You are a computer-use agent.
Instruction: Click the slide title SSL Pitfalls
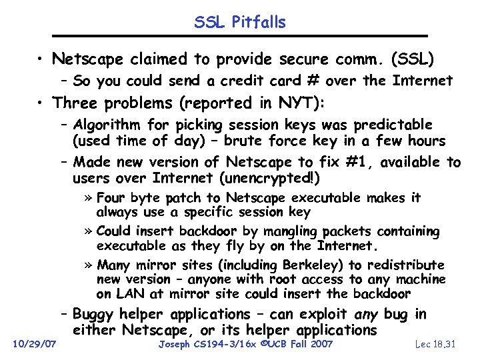[240, 22]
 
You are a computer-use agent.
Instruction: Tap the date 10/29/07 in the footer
[35, 343]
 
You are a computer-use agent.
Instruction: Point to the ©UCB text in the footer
[267, 343]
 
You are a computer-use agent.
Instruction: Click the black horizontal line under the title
[240, 35]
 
